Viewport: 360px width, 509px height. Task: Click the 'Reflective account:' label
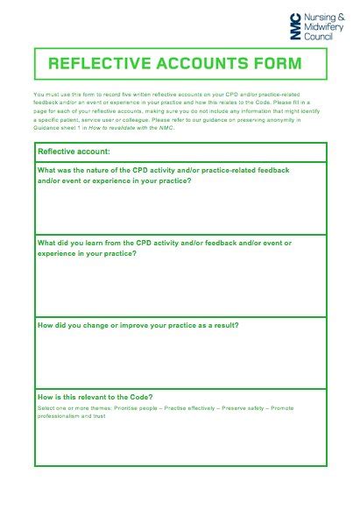[73, 152]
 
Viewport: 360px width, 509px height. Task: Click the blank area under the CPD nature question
[180, 210]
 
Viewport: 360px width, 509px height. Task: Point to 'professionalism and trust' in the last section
[71, 415]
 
